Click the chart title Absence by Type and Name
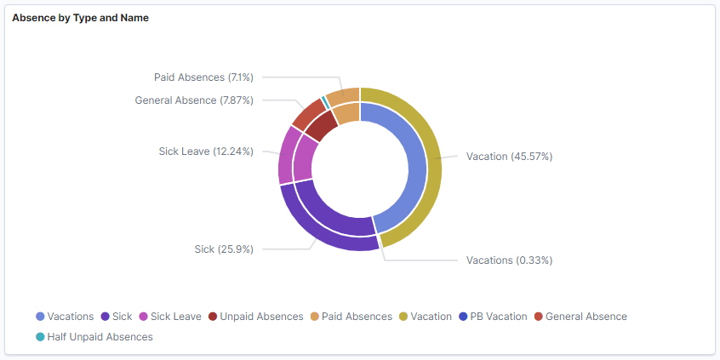pyautogui.click(x=80, y=18)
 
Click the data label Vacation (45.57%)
pyautogui.click(x=509, y=157)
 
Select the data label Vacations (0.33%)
pyautogui.click(x=509, y=260)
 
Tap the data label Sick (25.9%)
pyautogui.click(x=224, y=249)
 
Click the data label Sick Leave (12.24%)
pyautogui.click(x=205, y=151)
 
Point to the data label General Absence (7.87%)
pyautogui.click(x=194, y=100)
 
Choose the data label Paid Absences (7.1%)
pyautogui.click(x=203, y=77)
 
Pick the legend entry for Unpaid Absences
pyautogui.click(x=255, y=317)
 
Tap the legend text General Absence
pyautogui.click(x=586, y=317)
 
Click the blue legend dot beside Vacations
pyautogui.click(x=40, y=317)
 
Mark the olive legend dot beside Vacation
pyautogui.click(x=403, y=317)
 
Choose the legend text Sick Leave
pyautogui.click(x=175, y=317)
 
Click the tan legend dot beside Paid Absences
pyautogui.click(x=314, y=317)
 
